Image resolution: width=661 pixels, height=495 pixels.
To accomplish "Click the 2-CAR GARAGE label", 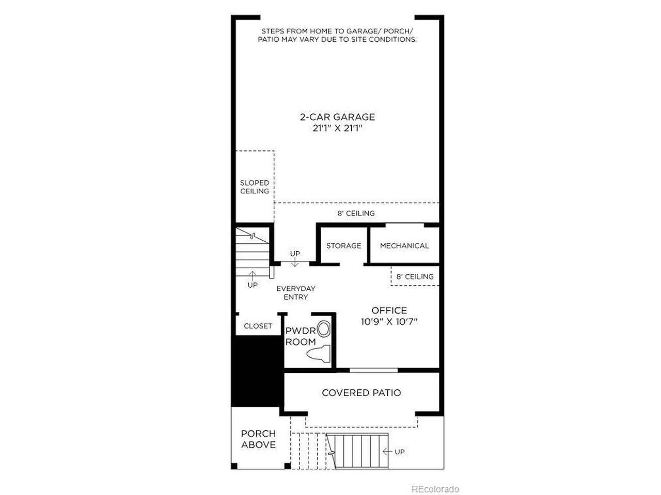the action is point(337,117).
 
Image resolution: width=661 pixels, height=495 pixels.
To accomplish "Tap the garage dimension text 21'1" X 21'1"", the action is point(337,128).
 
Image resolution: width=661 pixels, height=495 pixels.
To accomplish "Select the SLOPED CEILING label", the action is point(255,187).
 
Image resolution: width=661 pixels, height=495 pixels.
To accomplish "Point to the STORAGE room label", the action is point(343,245).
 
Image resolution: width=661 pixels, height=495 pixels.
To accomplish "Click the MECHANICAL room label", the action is point(404,245).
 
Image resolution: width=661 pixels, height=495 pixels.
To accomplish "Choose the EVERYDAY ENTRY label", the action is point(296,292).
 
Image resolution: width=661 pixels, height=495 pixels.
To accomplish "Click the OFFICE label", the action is point(389,310).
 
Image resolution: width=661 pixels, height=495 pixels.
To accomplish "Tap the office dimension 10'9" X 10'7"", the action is point(389,322).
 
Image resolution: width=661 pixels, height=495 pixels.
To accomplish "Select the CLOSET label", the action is point(258,326).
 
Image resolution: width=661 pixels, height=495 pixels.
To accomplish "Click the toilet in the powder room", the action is point(319,354).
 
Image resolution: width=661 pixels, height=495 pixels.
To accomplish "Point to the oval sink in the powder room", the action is point(323,329).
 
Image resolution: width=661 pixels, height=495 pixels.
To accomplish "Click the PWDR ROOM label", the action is point(300,336).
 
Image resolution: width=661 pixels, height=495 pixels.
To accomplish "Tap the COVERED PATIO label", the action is point(361,392).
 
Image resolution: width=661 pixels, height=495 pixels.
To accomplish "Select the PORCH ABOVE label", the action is point(258,439).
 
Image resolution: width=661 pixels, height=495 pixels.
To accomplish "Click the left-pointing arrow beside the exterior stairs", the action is point(387,451).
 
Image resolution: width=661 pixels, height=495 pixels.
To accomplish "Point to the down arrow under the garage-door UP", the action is point(295,262).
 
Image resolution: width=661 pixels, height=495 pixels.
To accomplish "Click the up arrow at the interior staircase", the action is point(253,276).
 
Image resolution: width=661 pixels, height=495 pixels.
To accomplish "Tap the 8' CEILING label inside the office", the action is point(415,276).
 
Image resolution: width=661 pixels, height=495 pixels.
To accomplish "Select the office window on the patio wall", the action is point(373,370).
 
